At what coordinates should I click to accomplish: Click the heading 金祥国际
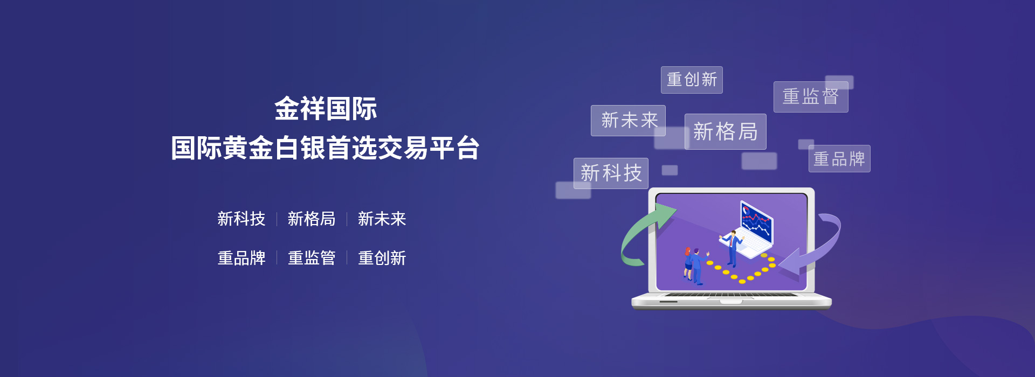[x=326, y=109]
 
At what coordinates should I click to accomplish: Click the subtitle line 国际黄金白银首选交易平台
[x=325, y=148]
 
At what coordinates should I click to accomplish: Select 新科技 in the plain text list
[x=241, y=219]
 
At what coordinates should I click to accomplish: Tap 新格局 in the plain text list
[x=312, y=219]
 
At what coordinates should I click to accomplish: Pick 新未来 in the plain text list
[x=382, y=219]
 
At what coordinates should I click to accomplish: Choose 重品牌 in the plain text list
[x=241, y=258]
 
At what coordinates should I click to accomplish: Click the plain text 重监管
[x=312, y=258]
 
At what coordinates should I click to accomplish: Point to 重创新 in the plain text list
[x=382, y=258]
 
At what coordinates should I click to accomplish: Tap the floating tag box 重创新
[x=692, y=80]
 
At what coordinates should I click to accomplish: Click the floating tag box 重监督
[x=811, y=97]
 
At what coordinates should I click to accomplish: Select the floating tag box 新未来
[x=628, y=121]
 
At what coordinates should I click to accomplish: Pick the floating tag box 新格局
[x=726, y=131]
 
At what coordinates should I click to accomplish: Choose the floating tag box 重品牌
[x=839, y=159]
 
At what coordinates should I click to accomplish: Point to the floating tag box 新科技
[x=611, y=173]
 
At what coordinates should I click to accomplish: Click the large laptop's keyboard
[x=732, y=295]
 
